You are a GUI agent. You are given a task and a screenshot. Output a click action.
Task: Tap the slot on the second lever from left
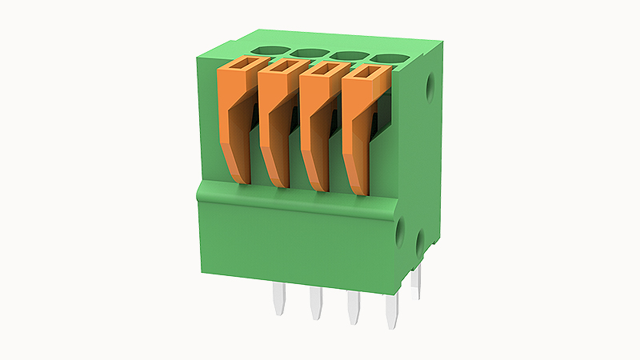[282, 66]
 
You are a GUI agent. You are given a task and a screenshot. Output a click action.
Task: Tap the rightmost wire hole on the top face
[386, 58]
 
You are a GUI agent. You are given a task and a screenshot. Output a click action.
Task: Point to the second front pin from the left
[315, 303]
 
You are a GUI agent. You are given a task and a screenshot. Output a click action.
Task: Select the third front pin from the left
[352, 309]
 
